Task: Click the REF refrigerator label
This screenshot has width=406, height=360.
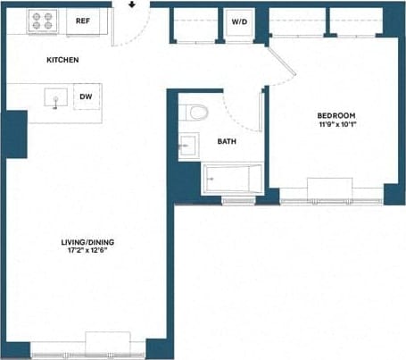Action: pyautogui.click(x=83, y=20)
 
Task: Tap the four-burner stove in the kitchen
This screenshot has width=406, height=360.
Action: pyautogui.click(x=42, y=20)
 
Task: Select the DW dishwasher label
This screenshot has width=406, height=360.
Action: pyautogui.click(x=87, y=96)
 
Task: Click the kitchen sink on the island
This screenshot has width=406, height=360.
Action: pyautogui.click(x=55, y=97)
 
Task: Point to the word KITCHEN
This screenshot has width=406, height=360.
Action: pyautogui.click(x=63, y=60)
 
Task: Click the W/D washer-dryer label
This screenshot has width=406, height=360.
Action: pyautogui.click(x=239, y=21)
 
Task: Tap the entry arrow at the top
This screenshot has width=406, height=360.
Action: pyautogui.click(x=131, y=4)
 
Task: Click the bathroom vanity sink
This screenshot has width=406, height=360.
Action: pyautogui.click(x=187, y=144)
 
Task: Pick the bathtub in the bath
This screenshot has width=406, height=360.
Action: pyautogui.click(x=230, y=179)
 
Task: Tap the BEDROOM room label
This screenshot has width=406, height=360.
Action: pyautogui.click(x=336, y=115)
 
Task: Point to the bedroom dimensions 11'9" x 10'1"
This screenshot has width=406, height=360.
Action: pyautogui.click(x=336, y=124)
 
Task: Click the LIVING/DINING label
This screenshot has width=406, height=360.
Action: pyautogui.click(x=87, y=242)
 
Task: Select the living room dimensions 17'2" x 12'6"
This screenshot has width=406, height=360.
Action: pyautogui.click(x=87, y=252)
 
